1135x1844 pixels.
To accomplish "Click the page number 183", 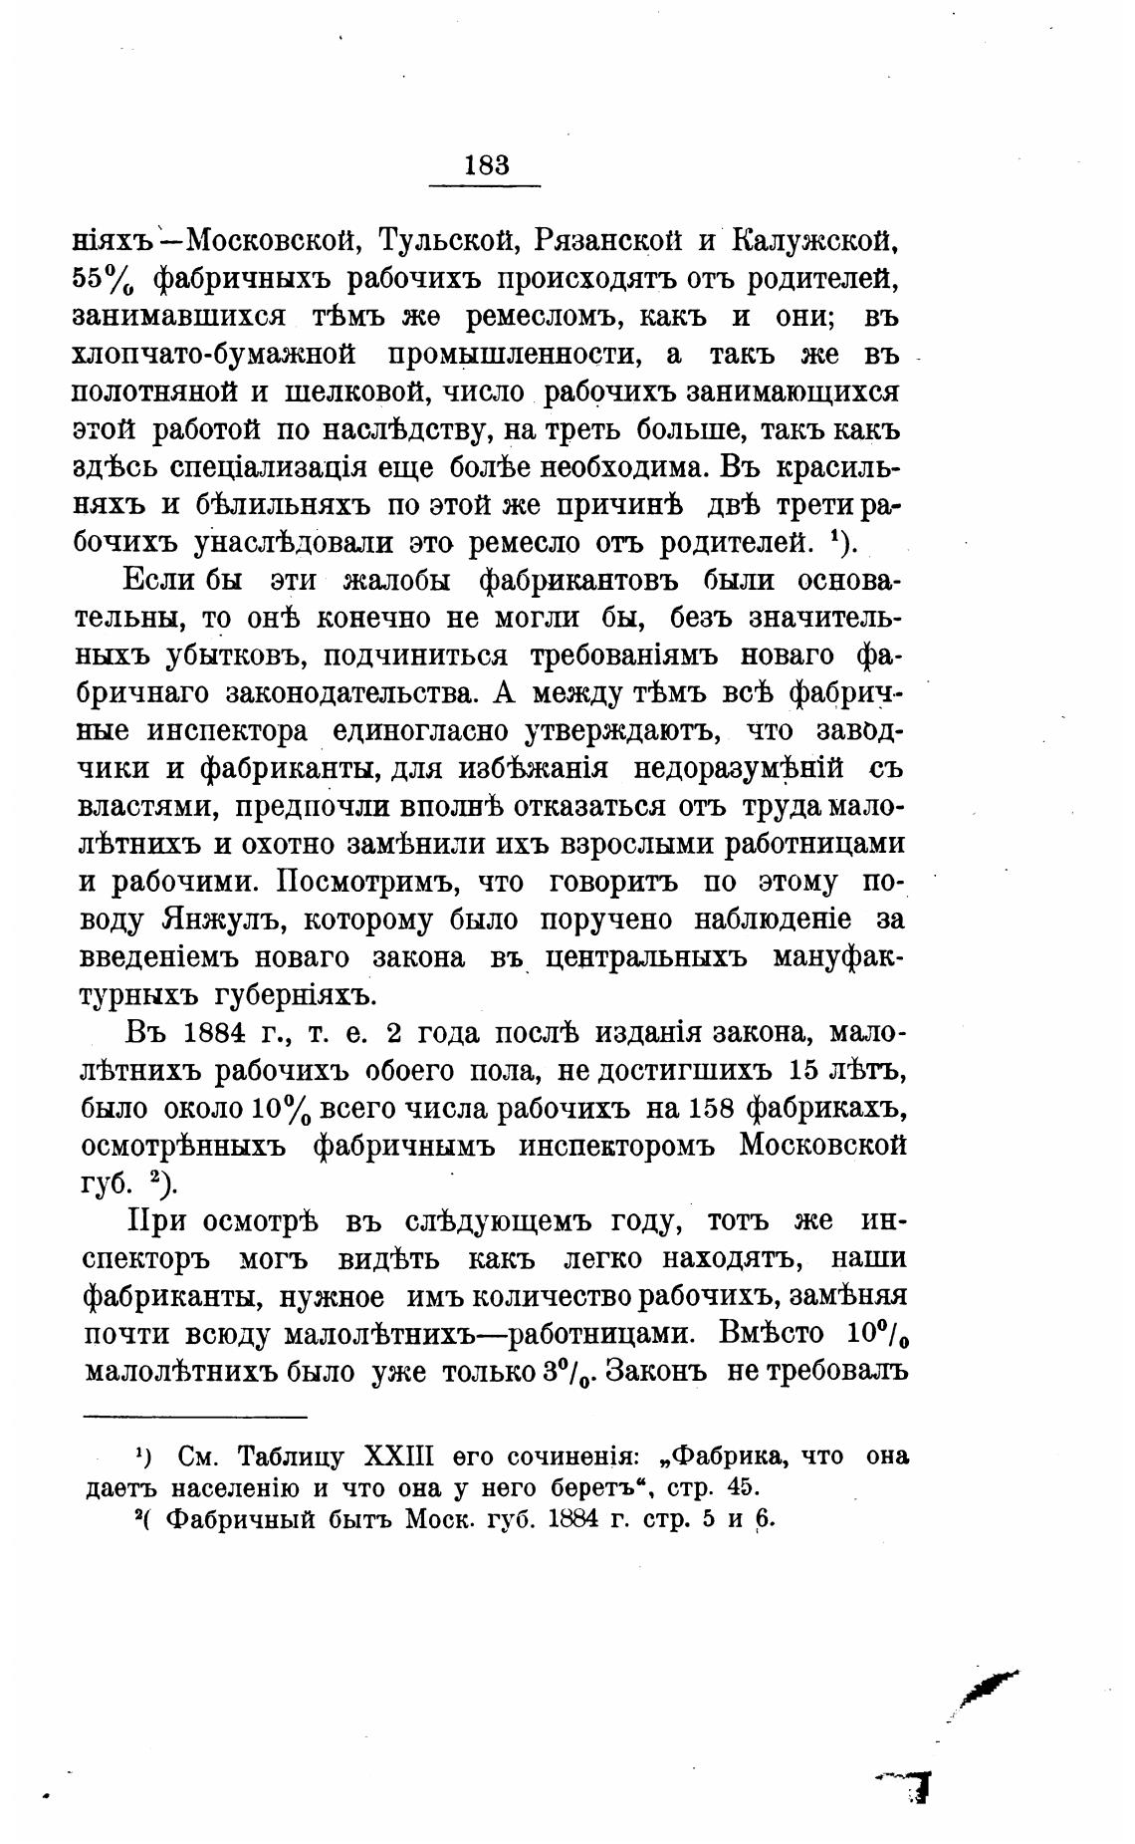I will tap(486, 164).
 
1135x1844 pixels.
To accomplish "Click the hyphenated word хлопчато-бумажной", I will tap(215, 355).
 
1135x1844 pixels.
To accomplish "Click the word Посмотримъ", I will tap(364, 881).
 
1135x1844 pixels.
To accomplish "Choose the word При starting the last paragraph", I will tap(155, 1221).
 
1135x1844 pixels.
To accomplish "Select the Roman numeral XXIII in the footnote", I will tap(399, 1455).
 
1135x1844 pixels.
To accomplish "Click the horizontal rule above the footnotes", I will tap(195, 1416).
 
